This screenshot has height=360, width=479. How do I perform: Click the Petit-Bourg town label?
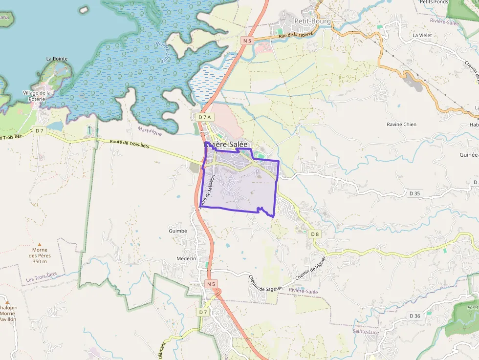(313, 21)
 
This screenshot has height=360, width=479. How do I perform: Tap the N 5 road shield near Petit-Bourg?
(247, 41)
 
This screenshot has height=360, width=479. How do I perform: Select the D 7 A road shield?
(205, 117)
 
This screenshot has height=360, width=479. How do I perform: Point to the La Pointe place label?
(57, 59)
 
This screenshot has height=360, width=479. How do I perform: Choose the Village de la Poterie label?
(37, 96)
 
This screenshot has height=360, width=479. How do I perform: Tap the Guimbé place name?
(177, 231)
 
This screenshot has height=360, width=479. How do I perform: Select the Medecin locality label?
(186, 258)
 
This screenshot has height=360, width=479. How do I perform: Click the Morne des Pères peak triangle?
(40, 244)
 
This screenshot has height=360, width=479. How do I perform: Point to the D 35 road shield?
(414, 193)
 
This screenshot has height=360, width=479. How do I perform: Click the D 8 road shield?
(315, 234)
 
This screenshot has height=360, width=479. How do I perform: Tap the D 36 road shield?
(414, 316)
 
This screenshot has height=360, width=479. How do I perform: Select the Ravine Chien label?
(401, 125)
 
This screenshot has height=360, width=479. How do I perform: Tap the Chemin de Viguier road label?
(310, 268)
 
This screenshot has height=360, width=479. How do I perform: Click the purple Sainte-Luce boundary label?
(365, 331)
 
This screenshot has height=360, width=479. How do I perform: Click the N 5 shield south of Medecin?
(211, 283)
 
